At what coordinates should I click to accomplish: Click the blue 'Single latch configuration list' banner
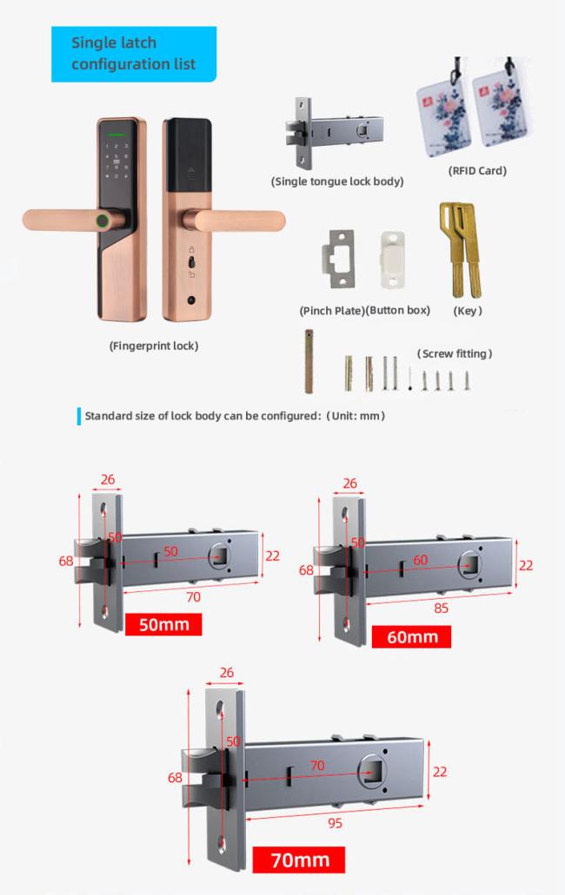coord(134,54)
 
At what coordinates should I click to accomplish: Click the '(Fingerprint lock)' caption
coord(154,345)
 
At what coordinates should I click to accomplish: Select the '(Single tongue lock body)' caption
coord(337,181)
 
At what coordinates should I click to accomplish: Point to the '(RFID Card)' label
coord(477,171)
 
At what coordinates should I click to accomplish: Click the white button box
coord(393,260)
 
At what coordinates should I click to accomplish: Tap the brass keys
coord(461,249)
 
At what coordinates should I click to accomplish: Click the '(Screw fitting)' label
coord(455,354)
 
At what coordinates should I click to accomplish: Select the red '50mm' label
coord(163,624)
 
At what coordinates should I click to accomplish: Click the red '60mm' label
coord(411,636)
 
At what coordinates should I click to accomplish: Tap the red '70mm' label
coord(299,859)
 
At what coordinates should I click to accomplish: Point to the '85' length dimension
coord(441,608)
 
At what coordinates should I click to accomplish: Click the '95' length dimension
coord(335,823)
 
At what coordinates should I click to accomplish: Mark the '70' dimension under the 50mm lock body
coord(193,597)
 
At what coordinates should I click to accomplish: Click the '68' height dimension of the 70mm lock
coord(175,778)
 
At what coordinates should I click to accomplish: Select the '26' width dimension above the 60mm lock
coord(349,484)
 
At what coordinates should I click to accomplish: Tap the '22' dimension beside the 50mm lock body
coord(272,556)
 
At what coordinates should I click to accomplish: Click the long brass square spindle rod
coord(309,361)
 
